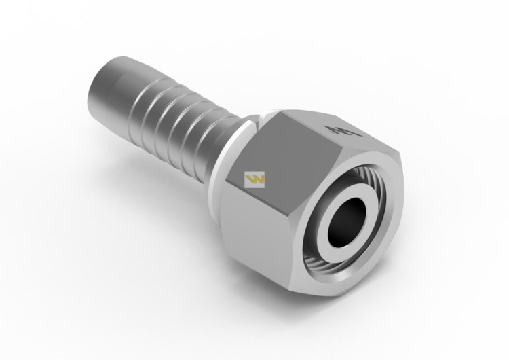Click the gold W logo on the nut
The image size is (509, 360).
(255, 179)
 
